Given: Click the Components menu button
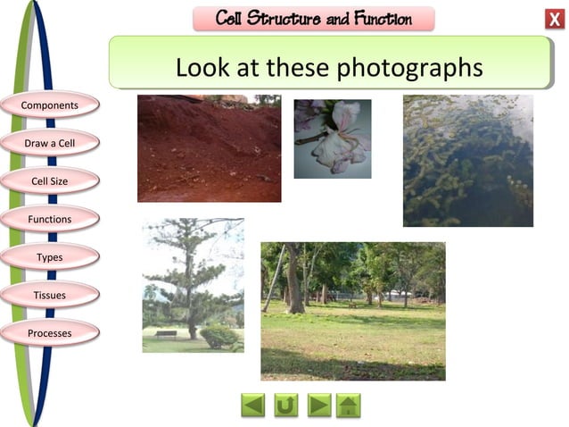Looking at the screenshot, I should [50, 105].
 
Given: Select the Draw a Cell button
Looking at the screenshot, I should [50, 143].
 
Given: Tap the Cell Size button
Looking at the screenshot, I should [50, 181].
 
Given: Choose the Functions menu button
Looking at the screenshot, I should [50, 219].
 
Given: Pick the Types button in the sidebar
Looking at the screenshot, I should [50, 257].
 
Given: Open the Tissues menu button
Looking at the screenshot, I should [50, 295].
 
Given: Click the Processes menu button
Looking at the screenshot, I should [50, 333].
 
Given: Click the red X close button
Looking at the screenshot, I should [554, 20].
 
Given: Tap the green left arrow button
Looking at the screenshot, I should [253, 406].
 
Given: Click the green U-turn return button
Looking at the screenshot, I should [285, 406].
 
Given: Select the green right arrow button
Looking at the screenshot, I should [318, 406].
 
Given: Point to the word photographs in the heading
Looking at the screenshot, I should [417, 67].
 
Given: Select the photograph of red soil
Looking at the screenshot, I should [209, 148].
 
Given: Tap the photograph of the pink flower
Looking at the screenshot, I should [332, 138].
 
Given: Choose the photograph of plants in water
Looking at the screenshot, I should [467, 161].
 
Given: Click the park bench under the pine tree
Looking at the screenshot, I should [165, 334].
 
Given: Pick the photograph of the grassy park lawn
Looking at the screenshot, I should [352, 311].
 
